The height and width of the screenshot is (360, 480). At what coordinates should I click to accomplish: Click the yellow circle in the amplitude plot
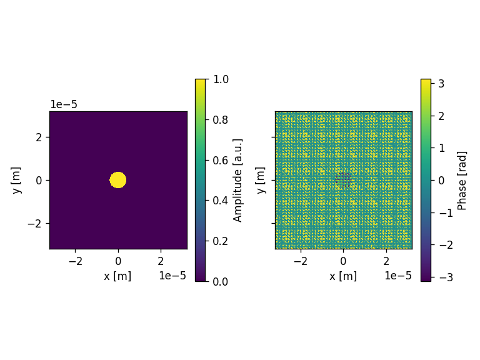[x=118, y=180]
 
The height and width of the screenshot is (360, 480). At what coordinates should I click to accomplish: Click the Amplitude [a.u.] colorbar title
[x=237, y=180]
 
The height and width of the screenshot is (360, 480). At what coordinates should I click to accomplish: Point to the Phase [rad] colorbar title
[x=462, y=181]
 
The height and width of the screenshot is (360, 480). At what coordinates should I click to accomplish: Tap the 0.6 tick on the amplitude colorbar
[x=221, y=160]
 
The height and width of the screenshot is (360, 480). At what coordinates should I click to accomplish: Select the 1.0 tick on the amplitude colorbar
[x=221, y=79]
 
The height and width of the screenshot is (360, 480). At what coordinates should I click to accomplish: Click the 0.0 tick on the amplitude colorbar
[x=221, y=281]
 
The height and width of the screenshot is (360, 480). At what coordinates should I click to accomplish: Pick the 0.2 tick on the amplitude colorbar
[x=221, y=241]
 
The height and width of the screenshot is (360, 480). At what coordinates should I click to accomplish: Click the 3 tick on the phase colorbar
[x=441, y=83]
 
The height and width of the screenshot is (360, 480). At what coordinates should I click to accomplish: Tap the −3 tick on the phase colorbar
[x=446, y=277]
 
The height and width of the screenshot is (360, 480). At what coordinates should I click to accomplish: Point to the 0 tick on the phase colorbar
[x=441, y=180]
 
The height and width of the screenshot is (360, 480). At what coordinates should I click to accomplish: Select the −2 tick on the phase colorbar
[x=446, y=245]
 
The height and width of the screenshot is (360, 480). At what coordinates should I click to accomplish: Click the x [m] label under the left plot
[x=117, y=276]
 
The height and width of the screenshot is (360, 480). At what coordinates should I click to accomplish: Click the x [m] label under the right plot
[x=343, y=276]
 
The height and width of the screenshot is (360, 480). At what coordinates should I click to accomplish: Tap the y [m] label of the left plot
[x=16, y=180]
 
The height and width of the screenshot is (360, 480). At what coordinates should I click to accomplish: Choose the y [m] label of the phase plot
[x=260, y=180]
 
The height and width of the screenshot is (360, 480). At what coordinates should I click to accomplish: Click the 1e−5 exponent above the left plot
[x=64, y=104]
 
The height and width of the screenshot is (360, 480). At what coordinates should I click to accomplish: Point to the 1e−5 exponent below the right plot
[x=398, y=276]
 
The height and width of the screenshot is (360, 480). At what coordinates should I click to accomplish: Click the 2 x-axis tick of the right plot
[x=386, y=261]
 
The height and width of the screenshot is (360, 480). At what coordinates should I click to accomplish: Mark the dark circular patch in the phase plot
[x=343, y=180]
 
